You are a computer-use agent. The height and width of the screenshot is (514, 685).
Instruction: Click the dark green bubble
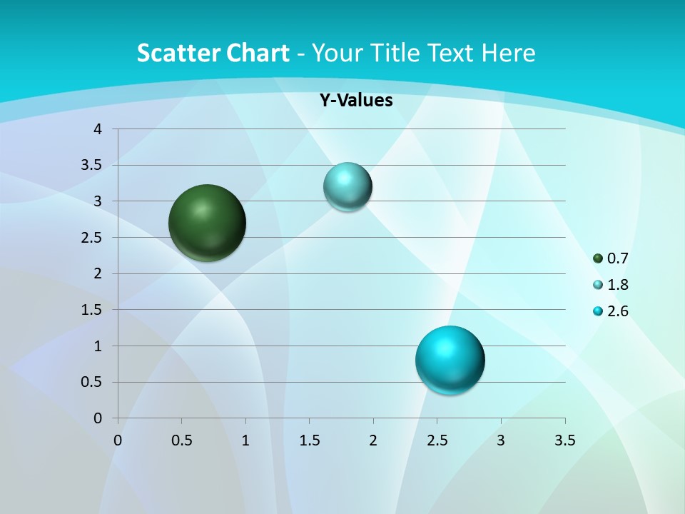208,223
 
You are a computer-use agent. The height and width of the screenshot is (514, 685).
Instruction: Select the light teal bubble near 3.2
347,187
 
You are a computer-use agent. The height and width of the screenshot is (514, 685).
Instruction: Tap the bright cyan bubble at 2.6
450,360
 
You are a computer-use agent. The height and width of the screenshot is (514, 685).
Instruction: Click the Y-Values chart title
356,101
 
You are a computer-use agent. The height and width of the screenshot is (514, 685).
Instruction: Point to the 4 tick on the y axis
98,129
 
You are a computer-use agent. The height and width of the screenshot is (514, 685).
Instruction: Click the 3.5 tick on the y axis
92,166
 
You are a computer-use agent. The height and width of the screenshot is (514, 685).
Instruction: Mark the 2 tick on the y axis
98,273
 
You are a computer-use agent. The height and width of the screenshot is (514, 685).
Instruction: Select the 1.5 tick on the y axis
92,310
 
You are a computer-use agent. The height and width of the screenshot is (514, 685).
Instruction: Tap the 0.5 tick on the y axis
92,383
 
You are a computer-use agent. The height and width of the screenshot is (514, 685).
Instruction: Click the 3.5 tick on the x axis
565,440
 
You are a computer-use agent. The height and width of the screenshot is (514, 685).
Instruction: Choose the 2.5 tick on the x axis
437,440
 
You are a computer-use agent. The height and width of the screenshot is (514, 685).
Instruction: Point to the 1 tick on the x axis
245,440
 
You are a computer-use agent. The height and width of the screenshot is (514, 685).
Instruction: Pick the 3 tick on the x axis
501,440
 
